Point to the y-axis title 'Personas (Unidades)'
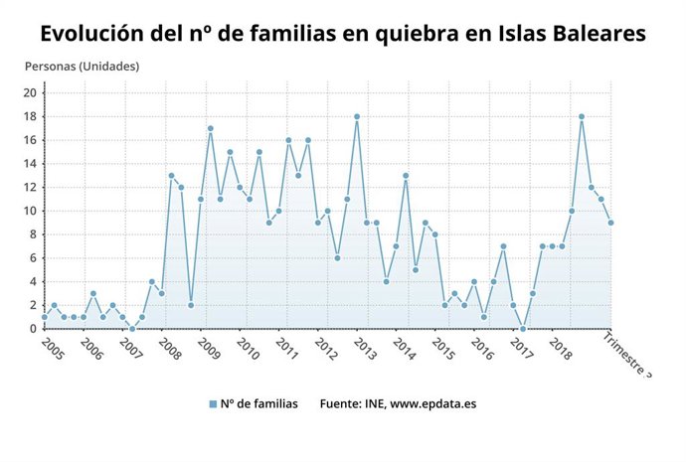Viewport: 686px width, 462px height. tap(82, 67)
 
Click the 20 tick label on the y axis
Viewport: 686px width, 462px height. tap(30, 93)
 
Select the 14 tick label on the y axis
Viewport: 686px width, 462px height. tap(30, 164)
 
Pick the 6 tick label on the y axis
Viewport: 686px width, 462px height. tap(33, 258)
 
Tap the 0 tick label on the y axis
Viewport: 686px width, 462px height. tap(33, 329)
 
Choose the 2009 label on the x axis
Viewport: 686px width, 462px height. tap(209, 349)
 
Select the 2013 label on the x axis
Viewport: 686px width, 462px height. tap(365, 349)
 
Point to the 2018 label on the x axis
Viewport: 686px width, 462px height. tap(560, 349)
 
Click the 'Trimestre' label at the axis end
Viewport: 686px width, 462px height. tap(629, 354)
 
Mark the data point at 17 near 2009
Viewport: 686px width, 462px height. tap(211, 128)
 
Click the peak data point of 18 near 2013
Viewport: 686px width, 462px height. tap(357, 116)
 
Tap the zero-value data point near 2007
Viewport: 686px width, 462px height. tap(132, 329)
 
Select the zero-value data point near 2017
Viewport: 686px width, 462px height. tap(523, 329)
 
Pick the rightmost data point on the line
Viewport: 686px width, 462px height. tap(610, 223)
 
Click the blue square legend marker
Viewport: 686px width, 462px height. tap(213, 404)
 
